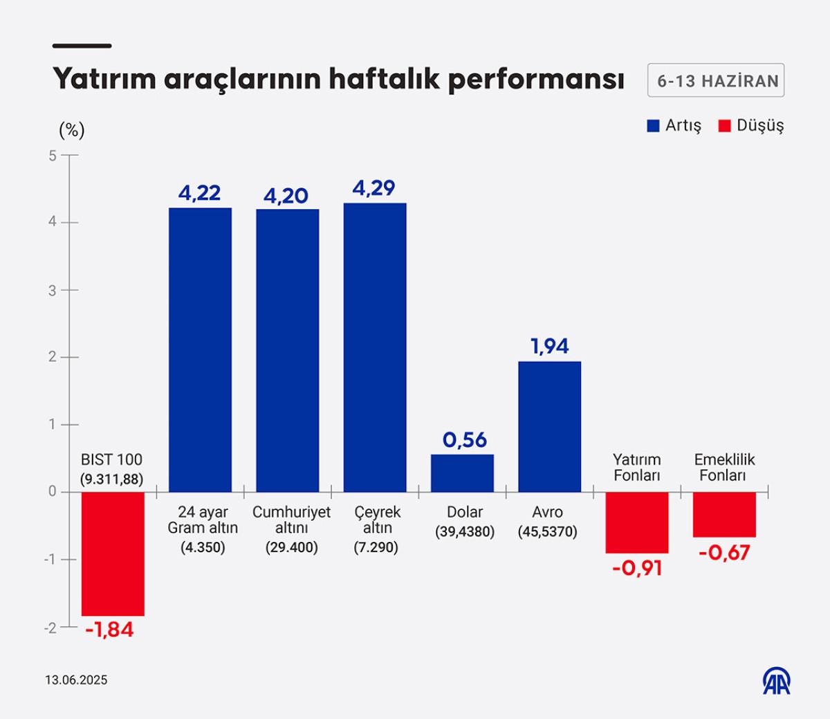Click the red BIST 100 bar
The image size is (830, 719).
pyautogui.click(x=113, y=554)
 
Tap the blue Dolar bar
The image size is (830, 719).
pyautogui.click(x=462, y=473)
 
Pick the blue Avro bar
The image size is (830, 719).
pyautogui.click(x=550, y=426)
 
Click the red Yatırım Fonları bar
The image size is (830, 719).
pyautogui.click(x=637, y=522)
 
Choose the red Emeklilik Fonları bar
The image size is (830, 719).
pyautogui.click(x=724, y=514)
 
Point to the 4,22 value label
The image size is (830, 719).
pyautogui.click(x=199, y=193)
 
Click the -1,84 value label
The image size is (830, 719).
pyautogui.click(x=109, y=630)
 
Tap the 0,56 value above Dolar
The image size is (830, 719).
pyautogui.click(x=465, y=440)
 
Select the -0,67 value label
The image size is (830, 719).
pyautogui.click(x=724, y=553)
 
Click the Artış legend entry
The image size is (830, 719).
pyautogui.click(x=674, y=126)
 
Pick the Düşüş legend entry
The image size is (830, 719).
pyautogui.click(x=751, y=126)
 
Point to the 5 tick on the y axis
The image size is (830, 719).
pyautogui.click(x=53, y=156)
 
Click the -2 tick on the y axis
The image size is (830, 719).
pyautogui.click(x=50, y=628)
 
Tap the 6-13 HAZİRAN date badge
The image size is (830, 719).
pyautogui.click(x=716, y=81)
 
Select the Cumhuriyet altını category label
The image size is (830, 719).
pyautogui.click(x=291, y=520)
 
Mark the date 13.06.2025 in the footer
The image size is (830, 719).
pyautogui.click(x=76, y=680)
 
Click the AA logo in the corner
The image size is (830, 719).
pyautogui.click(x=777, y=681)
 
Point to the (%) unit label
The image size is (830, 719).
pyautogui.click(x=71, y=130)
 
